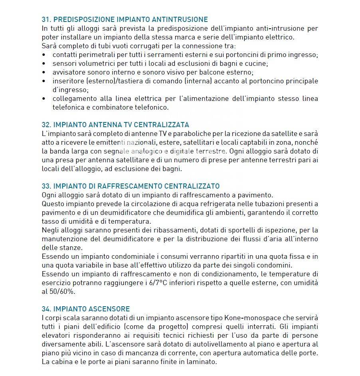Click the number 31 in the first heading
point(45,19)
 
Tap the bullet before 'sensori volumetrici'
point(44,63)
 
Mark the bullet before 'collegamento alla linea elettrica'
point(44,98)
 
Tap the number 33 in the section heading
point(45,186)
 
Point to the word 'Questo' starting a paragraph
point(52,204)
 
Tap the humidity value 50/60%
point(64,291)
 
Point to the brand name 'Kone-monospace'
point(247,318)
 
